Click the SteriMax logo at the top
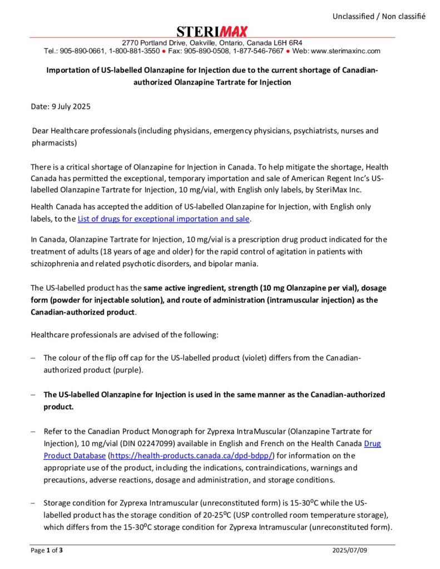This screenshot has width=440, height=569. click(x=212, y=32)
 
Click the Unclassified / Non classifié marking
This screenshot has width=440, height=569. click(x=379, y=16)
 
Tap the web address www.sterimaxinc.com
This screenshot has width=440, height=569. click(x=345, y=51)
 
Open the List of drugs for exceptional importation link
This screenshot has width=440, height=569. click(x=164, y=218)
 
